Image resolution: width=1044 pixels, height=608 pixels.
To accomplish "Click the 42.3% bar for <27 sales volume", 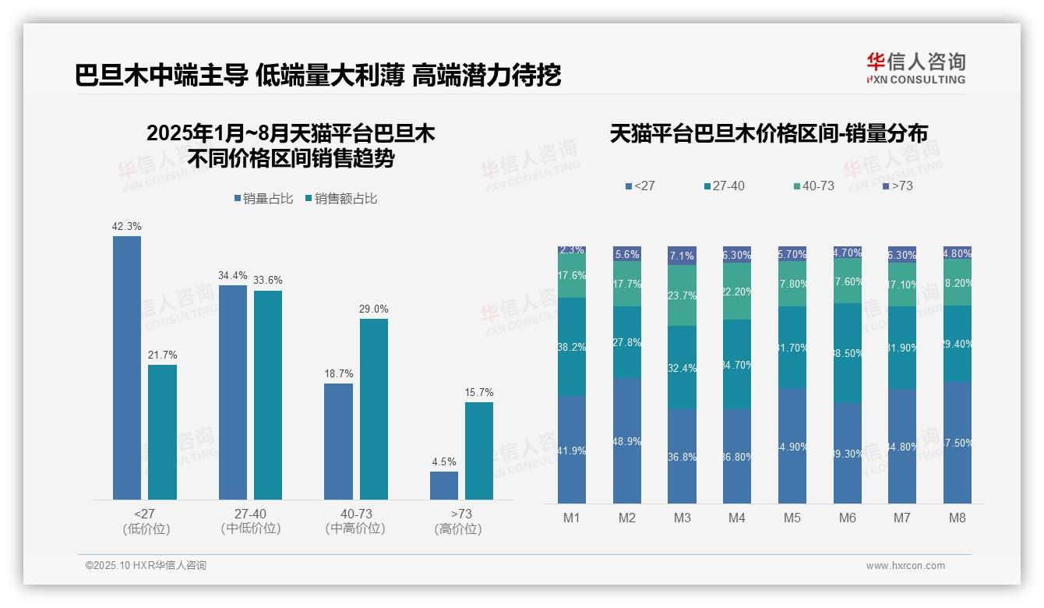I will [127, 367].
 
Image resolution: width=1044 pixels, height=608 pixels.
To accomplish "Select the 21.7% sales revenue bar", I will [162, 432].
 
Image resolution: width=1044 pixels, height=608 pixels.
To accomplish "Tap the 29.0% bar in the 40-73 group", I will [373, 408].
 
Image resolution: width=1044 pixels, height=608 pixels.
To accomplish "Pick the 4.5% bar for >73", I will [444, 485].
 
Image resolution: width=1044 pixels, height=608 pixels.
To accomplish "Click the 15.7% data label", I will [479, 392].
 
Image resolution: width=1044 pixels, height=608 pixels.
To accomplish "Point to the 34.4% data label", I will [233, 275].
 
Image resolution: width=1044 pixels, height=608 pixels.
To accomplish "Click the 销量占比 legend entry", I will [263, 199].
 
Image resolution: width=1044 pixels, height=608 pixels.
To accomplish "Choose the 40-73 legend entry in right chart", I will [813, 186].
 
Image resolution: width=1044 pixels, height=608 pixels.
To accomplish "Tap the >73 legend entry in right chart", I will [898, 186].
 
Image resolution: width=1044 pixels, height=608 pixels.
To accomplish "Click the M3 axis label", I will [682, 518].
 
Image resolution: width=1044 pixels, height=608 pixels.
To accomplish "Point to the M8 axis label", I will [958, 518].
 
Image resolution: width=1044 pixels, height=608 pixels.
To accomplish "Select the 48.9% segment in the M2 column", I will [626, 440].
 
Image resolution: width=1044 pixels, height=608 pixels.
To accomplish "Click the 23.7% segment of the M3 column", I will [682, 295].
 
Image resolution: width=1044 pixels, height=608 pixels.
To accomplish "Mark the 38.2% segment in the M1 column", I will [572, 346].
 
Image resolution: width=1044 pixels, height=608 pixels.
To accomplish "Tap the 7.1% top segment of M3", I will [682, 256].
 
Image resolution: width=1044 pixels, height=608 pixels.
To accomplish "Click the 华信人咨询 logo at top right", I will [915, 68].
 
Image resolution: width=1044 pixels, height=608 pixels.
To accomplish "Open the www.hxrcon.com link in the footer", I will [905, 566].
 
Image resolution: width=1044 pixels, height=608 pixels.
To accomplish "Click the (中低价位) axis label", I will [250, 528].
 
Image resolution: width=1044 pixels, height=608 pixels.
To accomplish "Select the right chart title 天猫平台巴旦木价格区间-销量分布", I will [768, 134].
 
